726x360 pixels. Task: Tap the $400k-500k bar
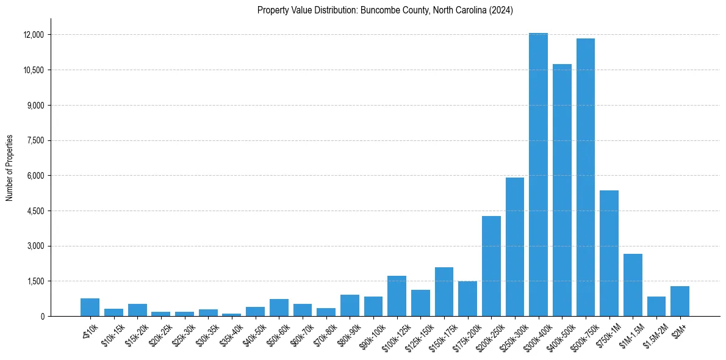pos(562,190)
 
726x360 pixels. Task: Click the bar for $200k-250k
pos(491,266)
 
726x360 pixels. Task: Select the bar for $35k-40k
pos(231,314)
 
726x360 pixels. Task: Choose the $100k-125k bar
pos(397,296)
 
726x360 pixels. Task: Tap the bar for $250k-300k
pos(515,247)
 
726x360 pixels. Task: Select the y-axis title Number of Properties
pos(9,168)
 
